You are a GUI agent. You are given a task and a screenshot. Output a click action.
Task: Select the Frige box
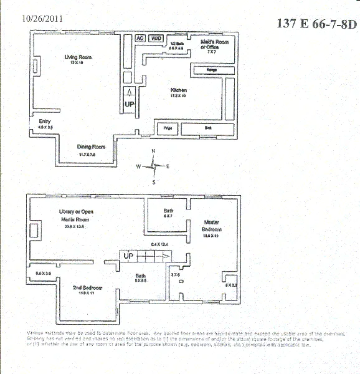pos(167,128)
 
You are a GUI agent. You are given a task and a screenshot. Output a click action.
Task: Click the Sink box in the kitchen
pos(207,128)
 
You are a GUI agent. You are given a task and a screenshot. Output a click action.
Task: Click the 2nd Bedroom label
pos(87,287)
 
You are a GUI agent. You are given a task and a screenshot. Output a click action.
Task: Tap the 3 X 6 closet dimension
pos(175,272)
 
